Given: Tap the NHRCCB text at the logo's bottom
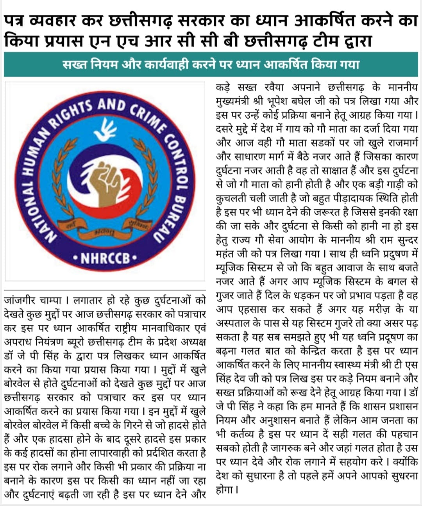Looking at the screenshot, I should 105,258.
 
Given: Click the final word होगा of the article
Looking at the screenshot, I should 225,489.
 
